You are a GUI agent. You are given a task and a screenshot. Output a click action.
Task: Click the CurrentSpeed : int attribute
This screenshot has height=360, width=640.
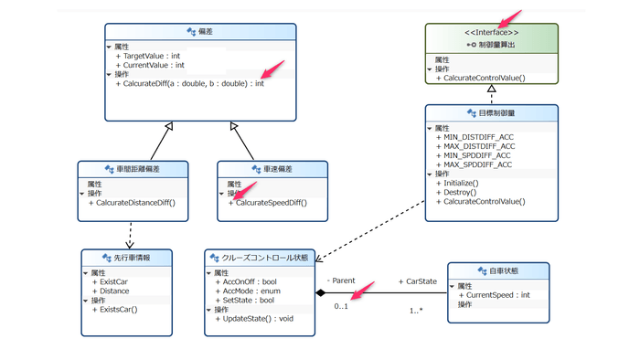500,295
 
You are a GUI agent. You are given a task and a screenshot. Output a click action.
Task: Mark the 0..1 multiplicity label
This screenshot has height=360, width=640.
341,306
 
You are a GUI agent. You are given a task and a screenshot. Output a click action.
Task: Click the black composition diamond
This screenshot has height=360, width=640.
321,292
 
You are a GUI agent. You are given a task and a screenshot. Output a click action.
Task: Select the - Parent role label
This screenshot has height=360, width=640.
341,280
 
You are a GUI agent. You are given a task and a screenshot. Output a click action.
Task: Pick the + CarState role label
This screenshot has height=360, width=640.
418,281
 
